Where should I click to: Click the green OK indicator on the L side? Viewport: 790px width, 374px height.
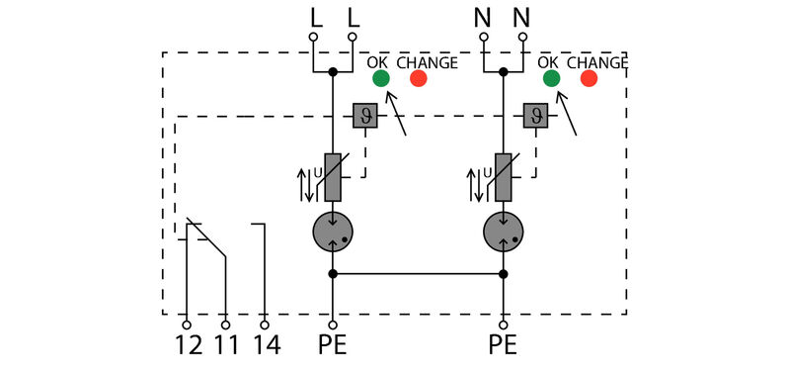tap(380, 79)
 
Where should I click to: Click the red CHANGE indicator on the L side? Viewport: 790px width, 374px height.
tap(419, 79)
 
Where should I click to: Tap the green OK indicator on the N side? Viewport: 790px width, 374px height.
tap(551, 79)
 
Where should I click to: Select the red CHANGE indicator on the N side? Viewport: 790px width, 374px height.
tap(590, 79)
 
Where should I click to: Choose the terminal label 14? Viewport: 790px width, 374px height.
tap(265, 346)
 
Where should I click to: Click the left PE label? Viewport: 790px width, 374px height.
tap(333, 346)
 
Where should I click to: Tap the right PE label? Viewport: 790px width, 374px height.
tap(503, 346)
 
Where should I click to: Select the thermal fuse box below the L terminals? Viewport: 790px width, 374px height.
tap(364, 116)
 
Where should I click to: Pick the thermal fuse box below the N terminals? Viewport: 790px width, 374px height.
tap(535, 116)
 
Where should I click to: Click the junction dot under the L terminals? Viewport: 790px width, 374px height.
tap(333, 72)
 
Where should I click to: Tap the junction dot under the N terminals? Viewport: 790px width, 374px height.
tap(504, 72)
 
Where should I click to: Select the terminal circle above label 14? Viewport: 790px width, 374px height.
tap(265, 324)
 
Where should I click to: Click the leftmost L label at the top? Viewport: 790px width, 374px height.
tap(315, 17)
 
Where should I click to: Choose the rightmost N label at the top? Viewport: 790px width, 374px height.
tap(521, 17)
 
